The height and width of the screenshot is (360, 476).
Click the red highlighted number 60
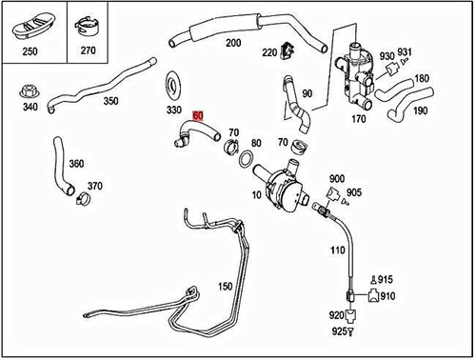click(x=198, y=115)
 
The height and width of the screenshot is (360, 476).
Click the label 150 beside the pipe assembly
click(x=225, y=286)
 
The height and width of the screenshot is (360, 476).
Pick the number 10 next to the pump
click(x=254, y=195)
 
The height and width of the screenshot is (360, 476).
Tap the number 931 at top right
click(x=404, y=51)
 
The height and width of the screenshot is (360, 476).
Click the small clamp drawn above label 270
click(x=89, y=23)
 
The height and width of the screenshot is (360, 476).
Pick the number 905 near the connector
click(x=353, y=191)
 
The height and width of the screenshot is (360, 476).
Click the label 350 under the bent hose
click(x=110, y=100)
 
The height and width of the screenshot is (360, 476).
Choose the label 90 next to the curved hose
click(x=307, y=93)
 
